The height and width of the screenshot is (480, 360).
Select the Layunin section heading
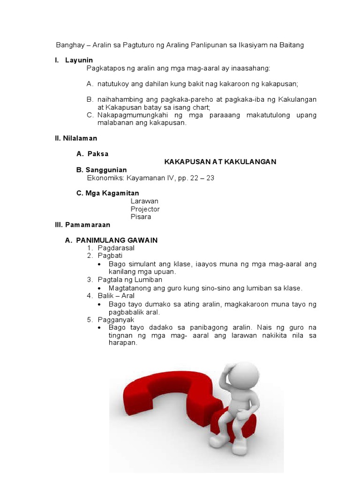click(x=79, y=60)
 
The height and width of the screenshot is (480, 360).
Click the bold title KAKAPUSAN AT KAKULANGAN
click(x=220, y=162)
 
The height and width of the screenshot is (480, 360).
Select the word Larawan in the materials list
click(x=144, y=201)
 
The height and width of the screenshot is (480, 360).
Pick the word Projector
click(x=145, y=209)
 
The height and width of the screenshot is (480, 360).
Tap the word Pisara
click(x=141, y=217)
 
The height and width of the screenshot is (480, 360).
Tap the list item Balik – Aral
click(x=116, y=296)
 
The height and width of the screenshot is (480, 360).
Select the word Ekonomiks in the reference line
click(x=104, y=178)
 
